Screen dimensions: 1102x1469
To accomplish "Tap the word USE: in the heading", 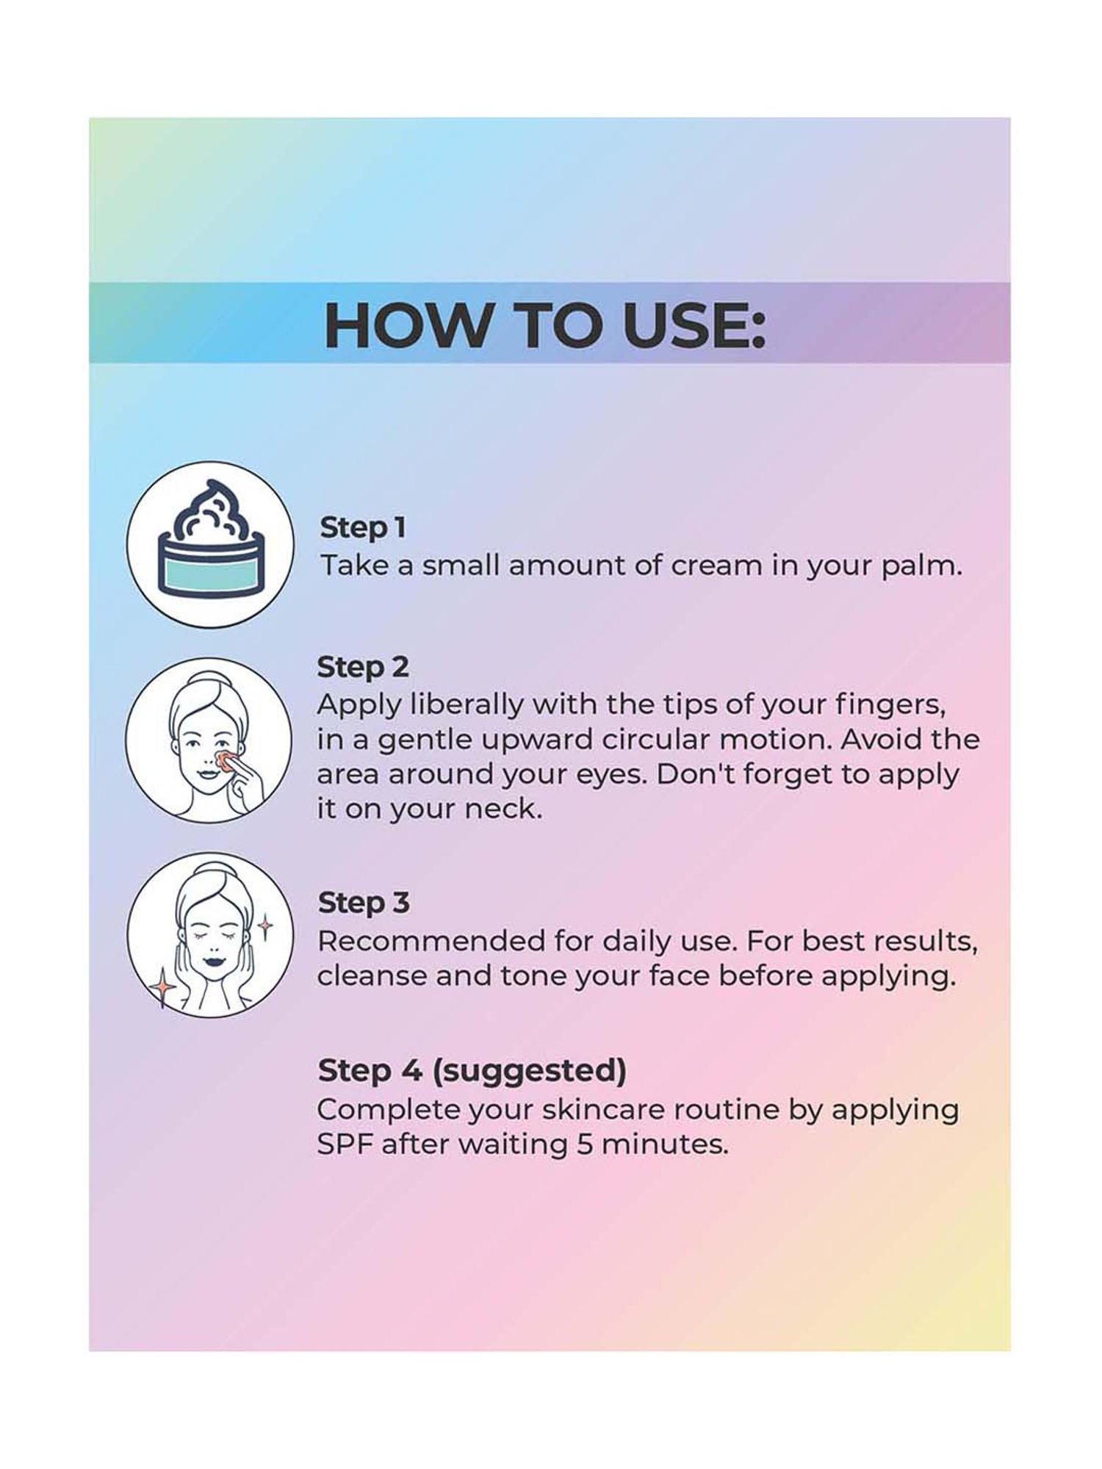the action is [694, 324].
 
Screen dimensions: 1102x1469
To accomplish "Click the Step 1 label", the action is [363, 527].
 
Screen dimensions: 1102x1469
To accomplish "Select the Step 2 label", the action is [363, 667].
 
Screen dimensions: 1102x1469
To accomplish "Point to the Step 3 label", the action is [364, 903].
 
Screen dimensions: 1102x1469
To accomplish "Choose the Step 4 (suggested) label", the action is [472, 1071].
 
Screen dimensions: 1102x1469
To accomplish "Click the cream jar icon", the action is [210, 544].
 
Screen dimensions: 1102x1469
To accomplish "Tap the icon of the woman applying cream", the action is [209, 740].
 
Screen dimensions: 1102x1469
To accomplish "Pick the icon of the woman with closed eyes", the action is [209, 934].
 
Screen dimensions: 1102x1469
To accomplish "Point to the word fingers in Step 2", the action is [890, 704].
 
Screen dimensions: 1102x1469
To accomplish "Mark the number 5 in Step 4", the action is [584, 1145].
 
